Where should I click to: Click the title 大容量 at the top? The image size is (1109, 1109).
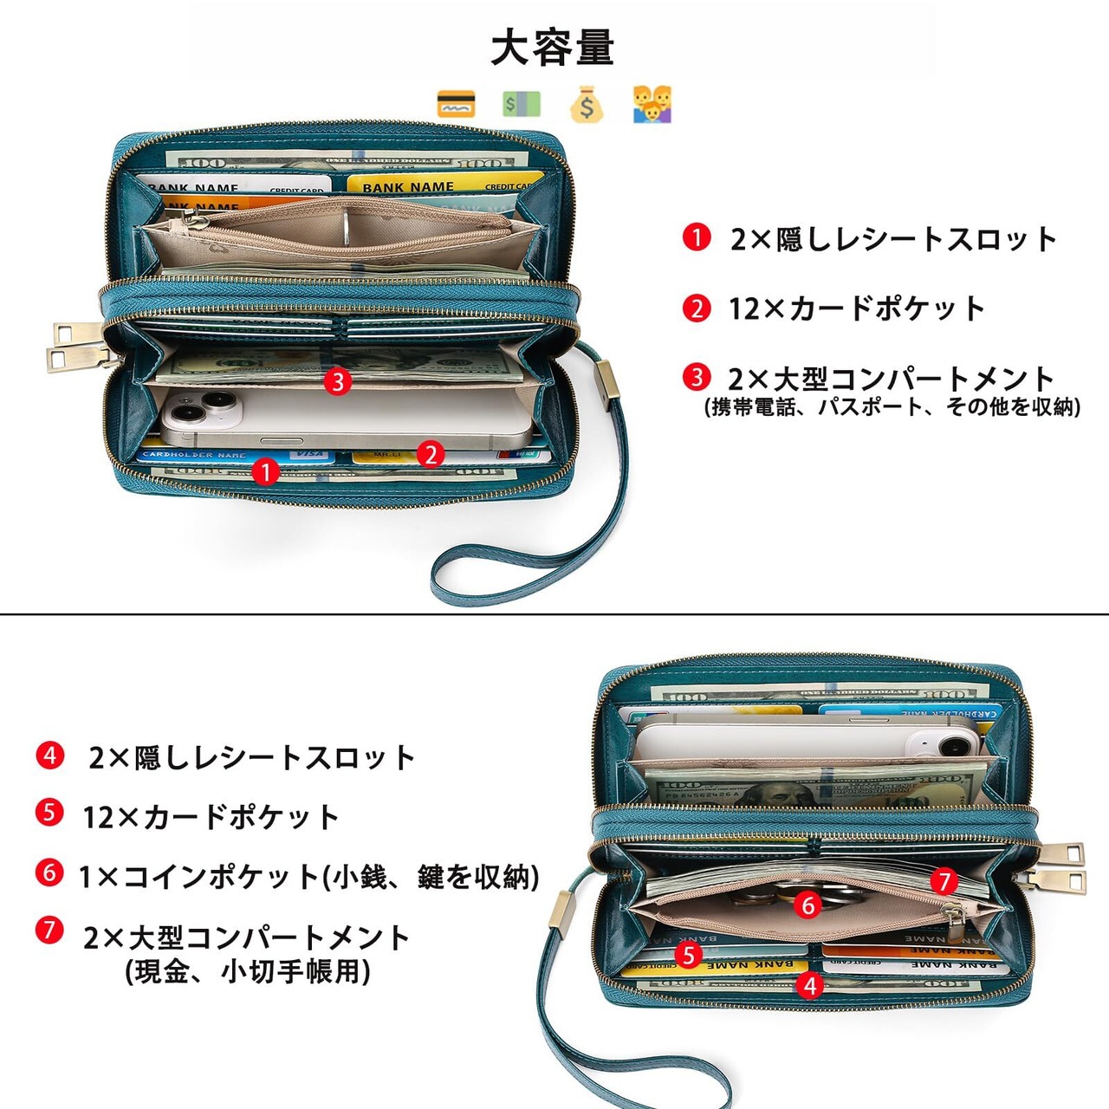click(553, 48)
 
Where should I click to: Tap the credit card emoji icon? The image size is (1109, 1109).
click(457, 105)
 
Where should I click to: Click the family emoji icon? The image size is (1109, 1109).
click(652, 105)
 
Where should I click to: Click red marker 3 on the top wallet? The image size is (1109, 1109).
click(338, 381)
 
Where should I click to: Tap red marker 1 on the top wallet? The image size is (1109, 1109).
click(265, 471)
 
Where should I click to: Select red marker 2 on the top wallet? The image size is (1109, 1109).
click(431, 453)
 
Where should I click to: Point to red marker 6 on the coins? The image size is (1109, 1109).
click(808, 905)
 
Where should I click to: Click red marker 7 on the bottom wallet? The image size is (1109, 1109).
click(944, 882)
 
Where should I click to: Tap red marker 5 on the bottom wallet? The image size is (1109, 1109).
click(688, 955)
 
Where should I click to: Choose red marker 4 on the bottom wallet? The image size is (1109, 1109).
click(809, 985)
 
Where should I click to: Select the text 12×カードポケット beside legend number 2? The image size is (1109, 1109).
click(857, 308)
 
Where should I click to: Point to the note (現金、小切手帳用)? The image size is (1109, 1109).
click(248, 971)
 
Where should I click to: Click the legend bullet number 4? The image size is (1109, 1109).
click(49, 756)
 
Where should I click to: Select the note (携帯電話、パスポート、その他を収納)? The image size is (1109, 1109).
click(892, 406)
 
